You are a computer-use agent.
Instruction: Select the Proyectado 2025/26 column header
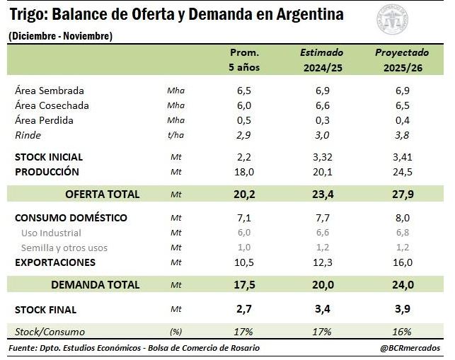[x=401, y=59]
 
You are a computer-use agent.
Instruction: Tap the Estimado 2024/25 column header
[x=322, y=59]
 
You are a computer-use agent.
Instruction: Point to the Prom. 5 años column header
[x=244, y=59]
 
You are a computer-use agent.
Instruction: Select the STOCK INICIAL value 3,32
[x=322, y=157]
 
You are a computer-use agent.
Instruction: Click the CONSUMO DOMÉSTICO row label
[x=71, y=218]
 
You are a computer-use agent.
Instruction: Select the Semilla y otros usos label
[x=64, y=248]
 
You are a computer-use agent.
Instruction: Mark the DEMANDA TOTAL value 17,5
[x=244, y=285]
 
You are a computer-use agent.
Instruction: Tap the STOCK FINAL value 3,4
[x=322, y=310]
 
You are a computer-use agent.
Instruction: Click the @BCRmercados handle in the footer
[x=410, y=348]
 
